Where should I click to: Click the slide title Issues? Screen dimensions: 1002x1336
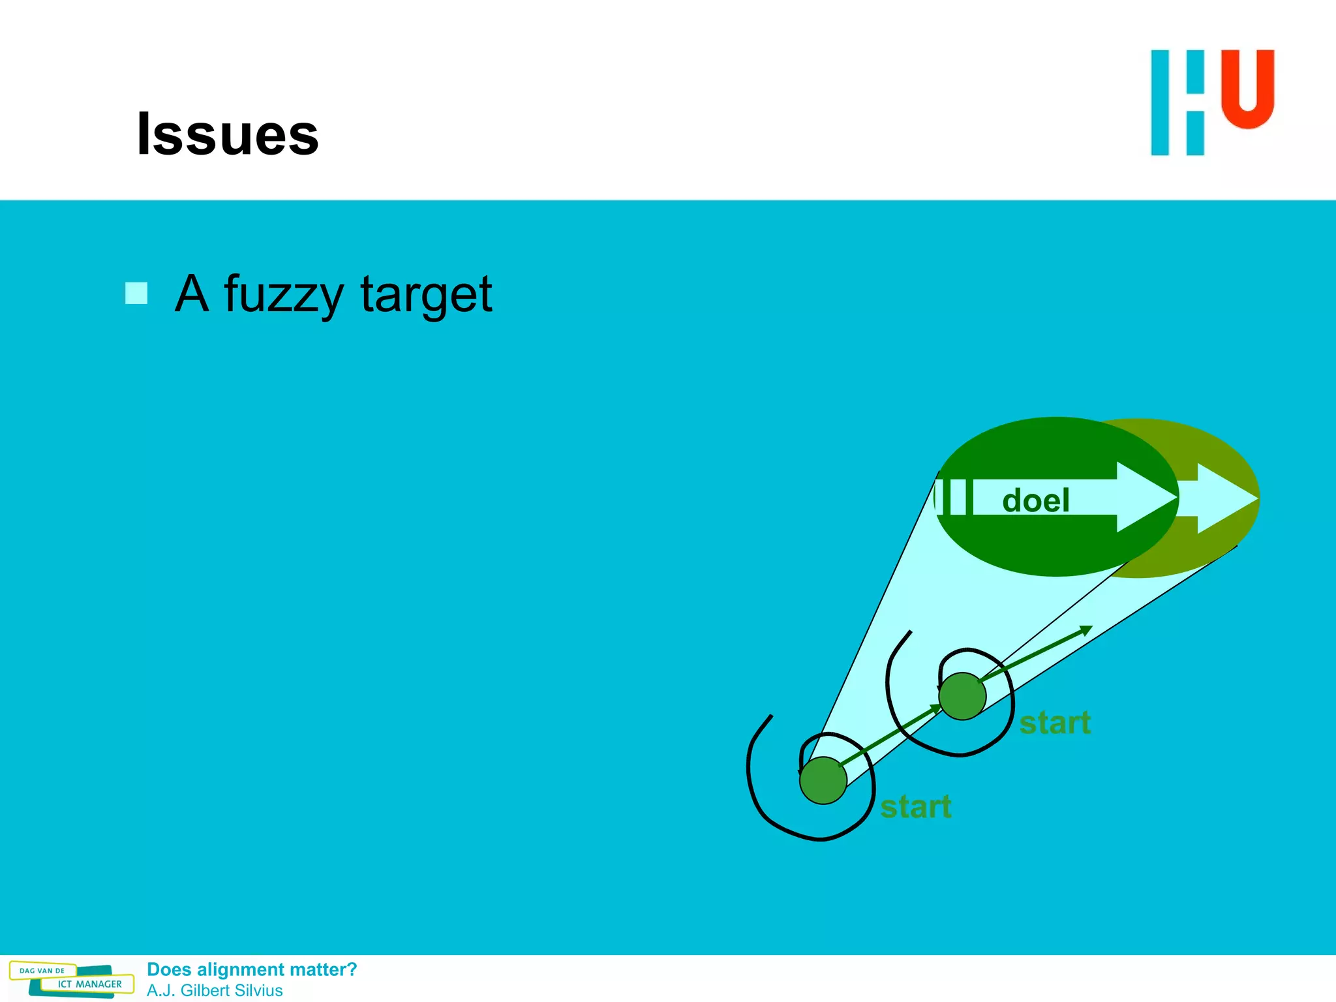click(228, 134)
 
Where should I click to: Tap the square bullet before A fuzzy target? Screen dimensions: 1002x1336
click(136, 293)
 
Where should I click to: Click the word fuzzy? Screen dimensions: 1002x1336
click(283, 295)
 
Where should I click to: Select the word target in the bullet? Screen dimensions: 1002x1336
click(426, 295)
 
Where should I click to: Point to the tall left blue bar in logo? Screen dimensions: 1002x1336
click(1160, 103)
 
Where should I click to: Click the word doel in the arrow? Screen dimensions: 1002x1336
click(1035, 500)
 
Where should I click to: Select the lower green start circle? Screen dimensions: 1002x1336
click(823, 780)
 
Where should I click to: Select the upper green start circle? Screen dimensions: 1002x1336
click(962, 696)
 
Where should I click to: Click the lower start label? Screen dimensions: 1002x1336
click(915, 807)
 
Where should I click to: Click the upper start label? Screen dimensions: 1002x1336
click(1055, 723)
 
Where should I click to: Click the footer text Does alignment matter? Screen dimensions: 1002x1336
click(252, 969)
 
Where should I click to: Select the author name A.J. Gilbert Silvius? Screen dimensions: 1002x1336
click(215, 990)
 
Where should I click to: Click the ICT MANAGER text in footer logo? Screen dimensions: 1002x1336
click(89, 984)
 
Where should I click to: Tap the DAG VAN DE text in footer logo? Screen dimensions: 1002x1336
click(42, 971)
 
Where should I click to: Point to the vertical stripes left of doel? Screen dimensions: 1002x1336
click(954, 497)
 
